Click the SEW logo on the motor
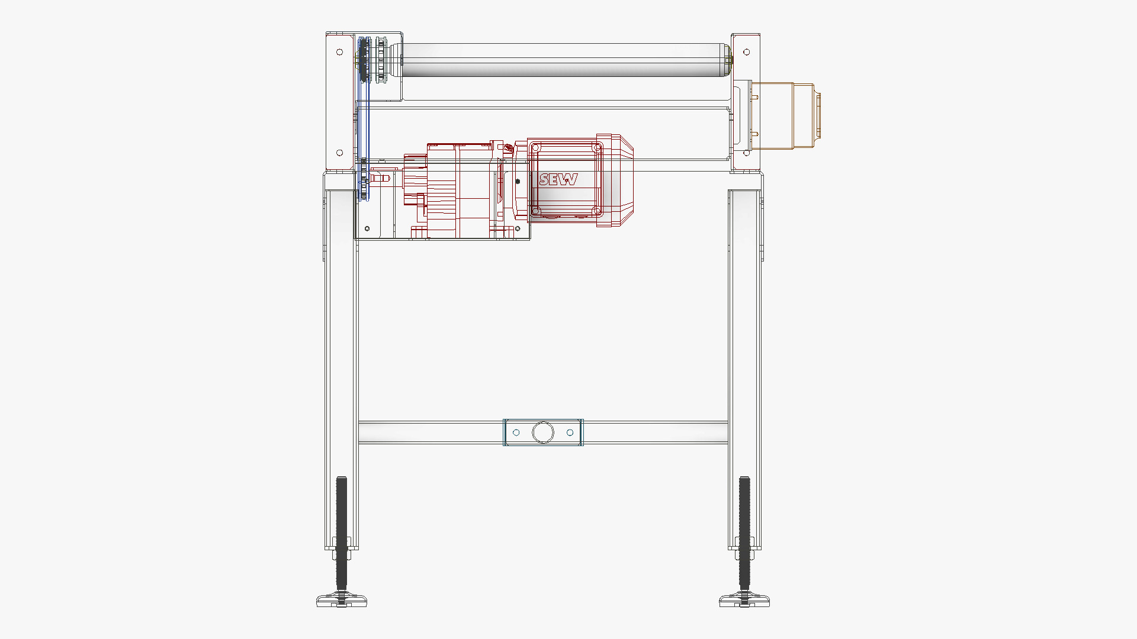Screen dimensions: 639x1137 point(558,179)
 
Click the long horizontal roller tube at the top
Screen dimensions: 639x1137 point(563,60)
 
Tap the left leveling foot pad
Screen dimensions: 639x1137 point(342,601)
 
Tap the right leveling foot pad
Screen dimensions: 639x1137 point(744,601)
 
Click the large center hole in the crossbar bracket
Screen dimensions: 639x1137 point(542,433)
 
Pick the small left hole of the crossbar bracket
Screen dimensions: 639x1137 point(516,433)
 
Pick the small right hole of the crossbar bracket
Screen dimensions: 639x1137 point(570,433)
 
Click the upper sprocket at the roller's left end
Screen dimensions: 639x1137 point(364,60)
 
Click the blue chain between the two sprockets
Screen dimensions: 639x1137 point(368,118)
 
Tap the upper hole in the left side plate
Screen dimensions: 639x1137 point(340,52)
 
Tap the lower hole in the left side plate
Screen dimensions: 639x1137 point(340,153)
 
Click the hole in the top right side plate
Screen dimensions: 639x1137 point(746,52)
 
